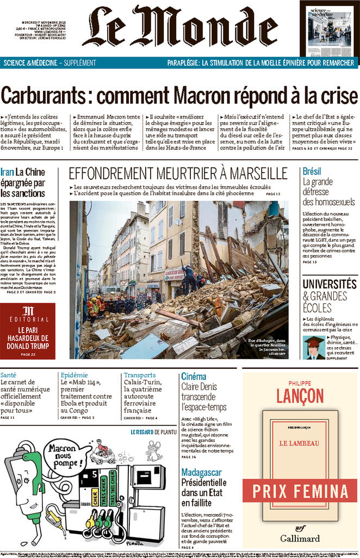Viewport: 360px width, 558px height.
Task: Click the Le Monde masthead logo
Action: pos(179,27)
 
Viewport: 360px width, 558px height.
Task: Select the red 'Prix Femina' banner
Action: pos(300,491)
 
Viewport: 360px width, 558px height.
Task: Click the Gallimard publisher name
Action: pos(300,538)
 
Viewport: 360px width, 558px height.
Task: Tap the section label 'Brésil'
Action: pos(312,171)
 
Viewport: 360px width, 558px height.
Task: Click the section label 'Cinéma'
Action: pos(194,376)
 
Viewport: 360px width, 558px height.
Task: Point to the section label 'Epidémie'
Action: pos(74,374)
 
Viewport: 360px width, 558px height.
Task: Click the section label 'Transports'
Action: pos(140,374)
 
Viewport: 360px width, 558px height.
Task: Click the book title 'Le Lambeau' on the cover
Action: pos(300,443)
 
